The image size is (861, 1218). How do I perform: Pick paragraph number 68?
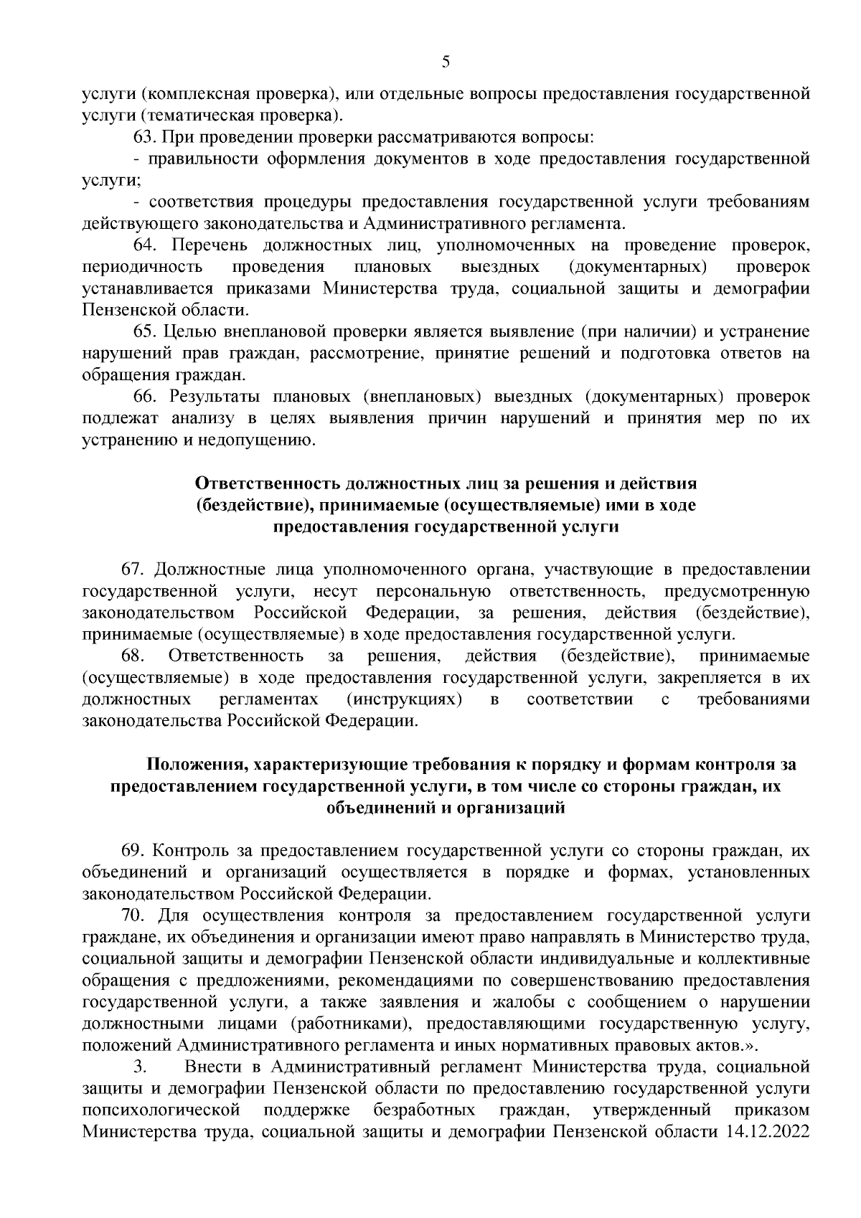pyautogui.click(x=133, y=656)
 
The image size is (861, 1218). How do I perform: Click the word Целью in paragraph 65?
pyautogui.click(x=186, y=331)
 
